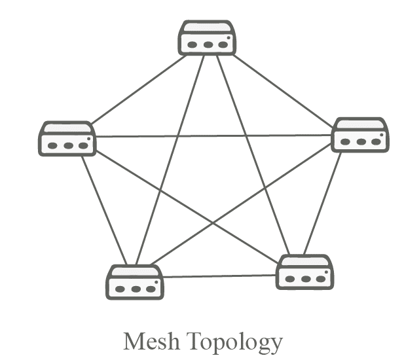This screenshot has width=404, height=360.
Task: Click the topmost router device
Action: (207, 38)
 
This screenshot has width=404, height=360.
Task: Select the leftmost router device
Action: (67, 138)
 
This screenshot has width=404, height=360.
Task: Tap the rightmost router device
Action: (360, 135)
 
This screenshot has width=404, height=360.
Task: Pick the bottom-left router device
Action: (135, 282)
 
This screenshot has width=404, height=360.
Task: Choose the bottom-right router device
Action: (304, 272)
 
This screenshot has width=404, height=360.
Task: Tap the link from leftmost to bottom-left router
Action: (103, 209)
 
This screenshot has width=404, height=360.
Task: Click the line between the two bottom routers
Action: (219, 276)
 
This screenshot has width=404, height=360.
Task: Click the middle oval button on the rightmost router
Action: (361, 141)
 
